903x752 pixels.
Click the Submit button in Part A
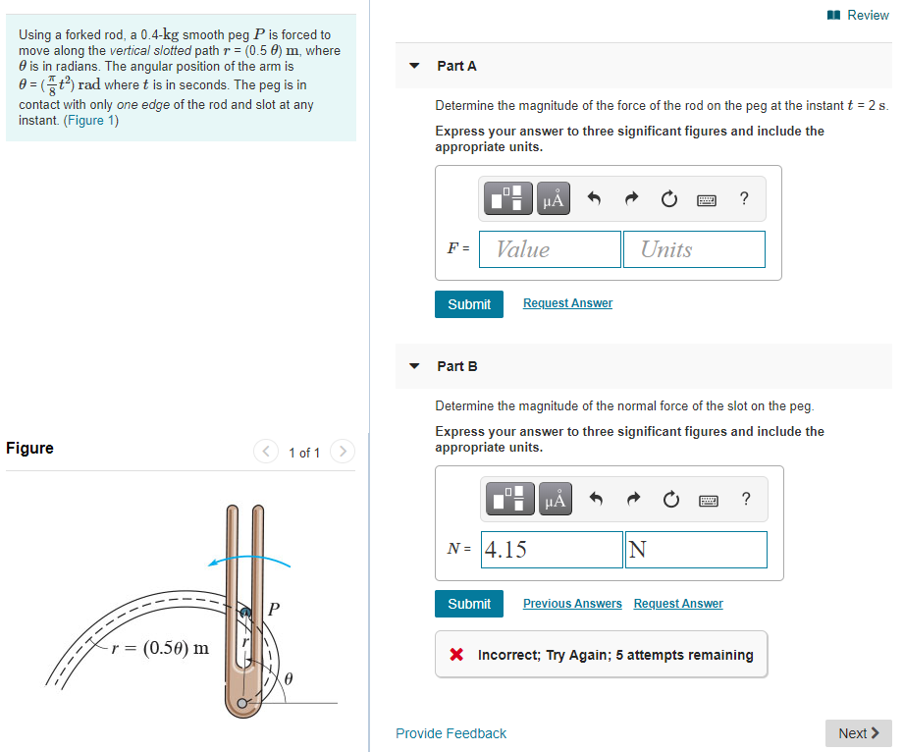(469, 304)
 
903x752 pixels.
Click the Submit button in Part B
(469, 604)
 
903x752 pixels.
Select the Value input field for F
(550, 249)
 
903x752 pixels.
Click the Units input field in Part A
(694, 249)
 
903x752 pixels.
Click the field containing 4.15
(552, 550)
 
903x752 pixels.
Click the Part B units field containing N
(696, 550)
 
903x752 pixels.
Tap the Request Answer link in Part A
(567, 303)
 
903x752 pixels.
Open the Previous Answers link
(572, 604)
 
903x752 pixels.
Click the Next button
(859, 733)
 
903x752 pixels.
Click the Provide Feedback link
(451, 733)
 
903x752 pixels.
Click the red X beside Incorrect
(456, 655)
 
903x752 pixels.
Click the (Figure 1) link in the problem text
(90, 121)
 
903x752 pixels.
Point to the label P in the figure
(274, 610)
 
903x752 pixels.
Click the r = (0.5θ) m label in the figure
(160, 648)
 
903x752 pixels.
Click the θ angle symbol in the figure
(290, 678)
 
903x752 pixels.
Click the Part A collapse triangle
(414, 66)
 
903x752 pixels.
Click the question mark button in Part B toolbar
(744, 500)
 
